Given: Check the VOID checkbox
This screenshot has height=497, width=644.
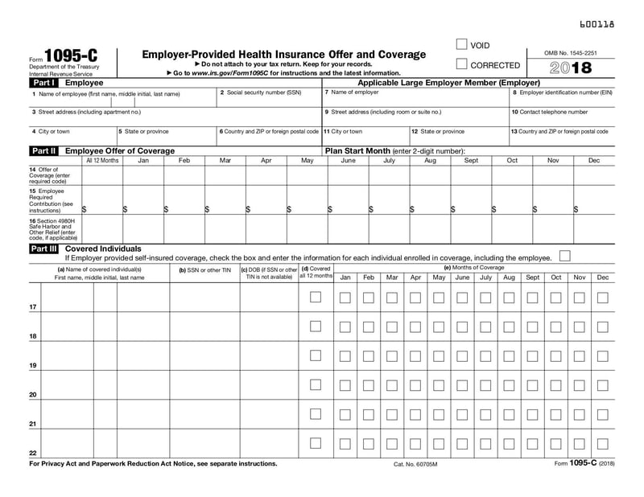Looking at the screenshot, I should click(x=461, y=45).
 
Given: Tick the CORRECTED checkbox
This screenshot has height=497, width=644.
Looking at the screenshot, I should click(x=461, y=64).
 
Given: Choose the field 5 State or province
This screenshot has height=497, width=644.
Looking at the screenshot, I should click(x=166, y=136).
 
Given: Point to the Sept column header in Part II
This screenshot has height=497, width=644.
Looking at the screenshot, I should click(x=471, y=161).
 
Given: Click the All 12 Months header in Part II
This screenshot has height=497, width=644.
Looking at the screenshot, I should click(x=102, y=161).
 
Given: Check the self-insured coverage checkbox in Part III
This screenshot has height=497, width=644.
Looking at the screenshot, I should click(x=564, y=256).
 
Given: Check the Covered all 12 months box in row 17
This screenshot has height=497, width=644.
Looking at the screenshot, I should click(x=316, y=297).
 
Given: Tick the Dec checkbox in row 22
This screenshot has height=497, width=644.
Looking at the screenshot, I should click(x=603, y=443).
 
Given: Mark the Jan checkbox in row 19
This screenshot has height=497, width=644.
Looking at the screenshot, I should click(x=345, y=355).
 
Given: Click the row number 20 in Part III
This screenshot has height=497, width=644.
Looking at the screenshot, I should click(x=33, y=395).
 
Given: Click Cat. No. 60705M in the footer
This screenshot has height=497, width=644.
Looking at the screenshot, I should click(x=415, y=465).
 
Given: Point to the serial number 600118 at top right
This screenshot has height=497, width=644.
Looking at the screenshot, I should click(x=597, y=25).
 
